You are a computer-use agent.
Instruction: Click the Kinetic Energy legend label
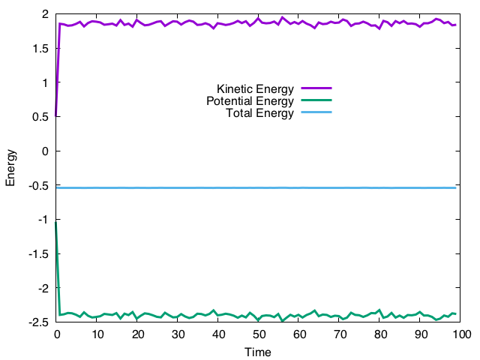[255, 88]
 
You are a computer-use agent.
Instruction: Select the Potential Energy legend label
[249, 101]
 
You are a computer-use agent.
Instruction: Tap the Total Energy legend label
[259, 113]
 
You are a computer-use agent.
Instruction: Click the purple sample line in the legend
[315, 88]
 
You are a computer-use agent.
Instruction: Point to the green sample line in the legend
[315, 100]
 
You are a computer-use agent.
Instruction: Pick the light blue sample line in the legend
[315, 112]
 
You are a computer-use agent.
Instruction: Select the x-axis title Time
[258, 352]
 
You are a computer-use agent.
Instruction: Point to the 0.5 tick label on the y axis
[41, 117]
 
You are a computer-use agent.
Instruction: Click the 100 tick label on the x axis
[460, 334]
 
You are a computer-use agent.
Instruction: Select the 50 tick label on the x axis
[259, 334]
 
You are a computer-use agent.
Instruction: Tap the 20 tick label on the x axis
[137, 334]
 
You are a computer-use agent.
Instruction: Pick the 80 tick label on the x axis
[380, 334]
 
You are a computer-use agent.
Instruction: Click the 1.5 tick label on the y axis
[41, 49]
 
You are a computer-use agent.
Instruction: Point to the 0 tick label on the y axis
[46, 151]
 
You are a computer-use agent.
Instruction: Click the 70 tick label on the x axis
[340, 334]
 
